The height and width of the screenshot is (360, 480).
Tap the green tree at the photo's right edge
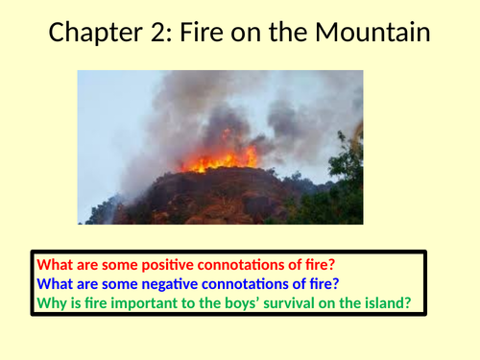point(347,173)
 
